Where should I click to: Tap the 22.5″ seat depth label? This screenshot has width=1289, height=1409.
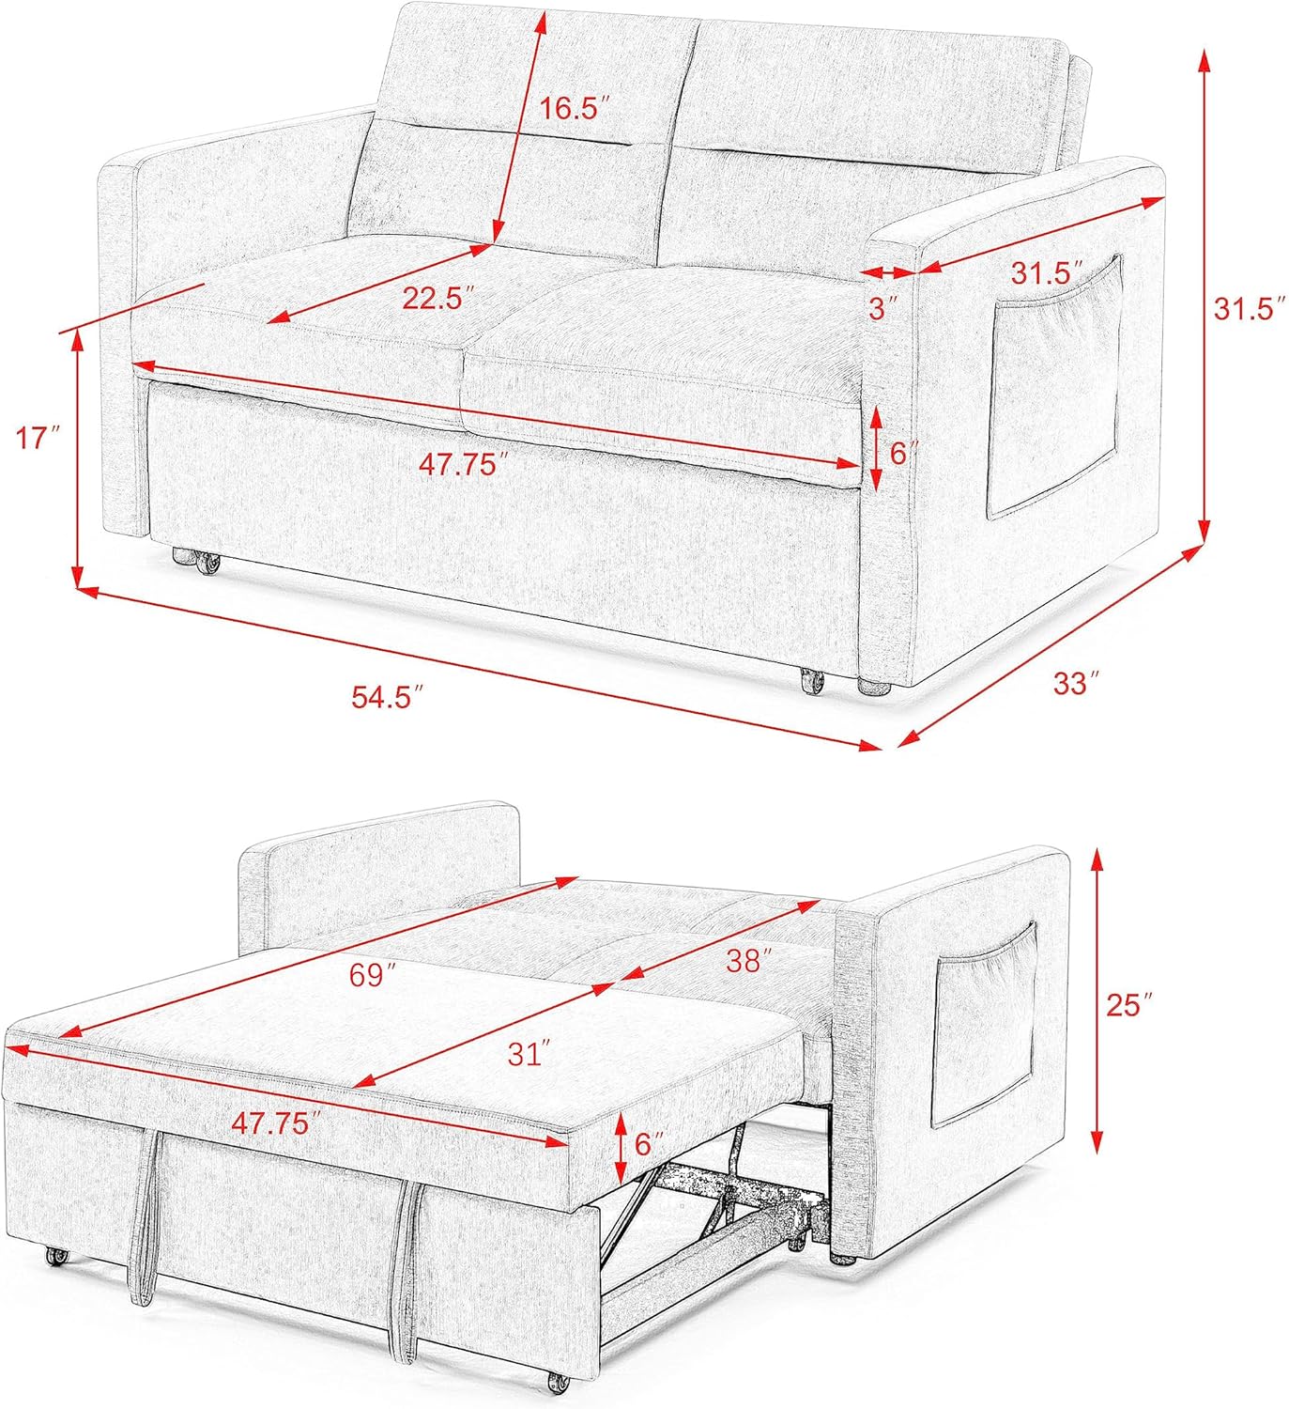[442, 298]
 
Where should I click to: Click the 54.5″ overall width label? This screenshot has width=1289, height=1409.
[389, 697]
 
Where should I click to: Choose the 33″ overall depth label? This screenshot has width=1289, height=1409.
[1076, 683]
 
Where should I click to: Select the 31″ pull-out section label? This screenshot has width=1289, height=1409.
[528, 1054]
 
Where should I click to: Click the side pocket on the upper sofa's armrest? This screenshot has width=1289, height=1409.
[1055, 387]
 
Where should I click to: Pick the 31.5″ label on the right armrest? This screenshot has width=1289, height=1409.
[1047, 271]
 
